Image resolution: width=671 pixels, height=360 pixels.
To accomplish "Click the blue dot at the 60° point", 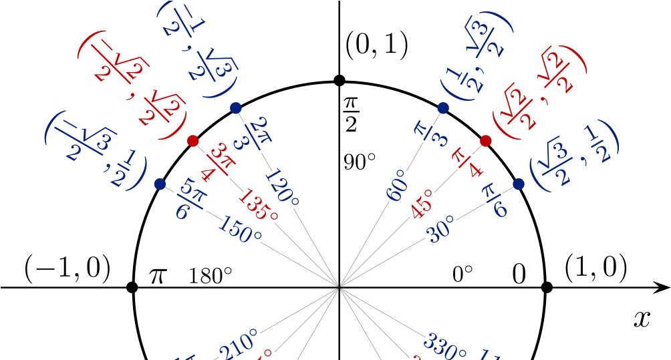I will [x=443, y=108].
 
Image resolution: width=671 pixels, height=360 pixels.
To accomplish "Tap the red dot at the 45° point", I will [x=486, y=141].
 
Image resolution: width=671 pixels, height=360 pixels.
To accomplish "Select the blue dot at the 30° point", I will [x=519, y=184].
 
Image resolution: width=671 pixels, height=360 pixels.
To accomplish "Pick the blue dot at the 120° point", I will [x=235, y=108].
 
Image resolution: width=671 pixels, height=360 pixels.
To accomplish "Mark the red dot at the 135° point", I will [x=193, y=141].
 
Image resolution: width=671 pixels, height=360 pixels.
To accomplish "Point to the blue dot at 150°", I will [x=160, y=184].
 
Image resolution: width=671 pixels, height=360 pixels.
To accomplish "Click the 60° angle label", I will [x=397, y=185].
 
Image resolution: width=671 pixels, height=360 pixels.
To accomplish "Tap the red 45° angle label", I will [x=422, y=204].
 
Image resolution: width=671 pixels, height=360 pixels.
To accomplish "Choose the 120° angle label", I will [x=281, y=188].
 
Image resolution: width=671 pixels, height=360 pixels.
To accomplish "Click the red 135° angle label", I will [x=258, y=206].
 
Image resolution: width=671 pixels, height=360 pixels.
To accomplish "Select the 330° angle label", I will [x=446, y=346].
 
